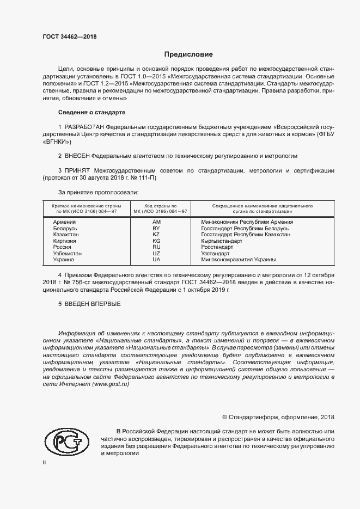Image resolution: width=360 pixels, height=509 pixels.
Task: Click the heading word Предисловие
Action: coord(188,54)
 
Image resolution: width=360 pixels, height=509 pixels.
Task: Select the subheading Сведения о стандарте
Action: coord(91,112)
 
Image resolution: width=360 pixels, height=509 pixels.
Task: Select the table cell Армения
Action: coord(64,222)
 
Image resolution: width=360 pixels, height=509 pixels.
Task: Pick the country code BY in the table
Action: coord(156,229)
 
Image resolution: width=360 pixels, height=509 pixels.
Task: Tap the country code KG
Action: coord(156,241)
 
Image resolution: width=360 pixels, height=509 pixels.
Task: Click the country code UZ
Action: coord(156,253)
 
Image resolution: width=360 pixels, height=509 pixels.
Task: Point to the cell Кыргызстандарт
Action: coord(221,241)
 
